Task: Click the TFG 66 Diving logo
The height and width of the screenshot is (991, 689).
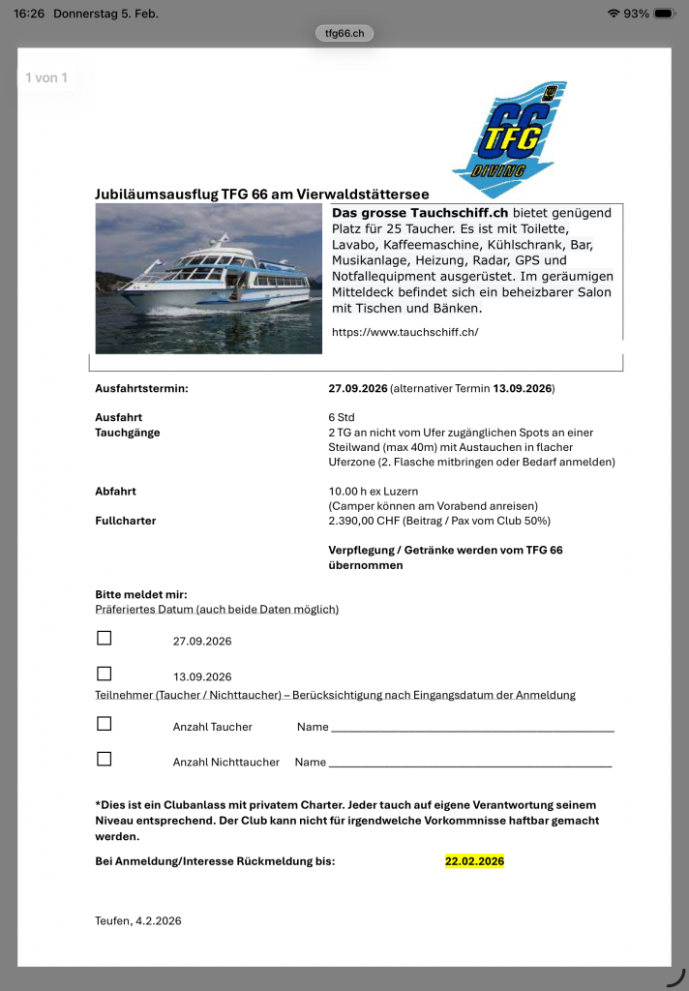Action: (x=509, y=139)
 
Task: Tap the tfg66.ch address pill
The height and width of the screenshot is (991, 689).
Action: (x=344, y=34)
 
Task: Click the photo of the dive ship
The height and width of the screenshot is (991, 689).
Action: (x=208, y=279)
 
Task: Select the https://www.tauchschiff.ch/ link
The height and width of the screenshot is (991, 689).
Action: (x=404, y=332)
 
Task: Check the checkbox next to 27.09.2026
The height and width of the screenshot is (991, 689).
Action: (x=105, y=638)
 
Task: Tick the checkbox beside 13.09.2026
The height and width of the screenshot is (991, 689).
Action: (x=105, y=674)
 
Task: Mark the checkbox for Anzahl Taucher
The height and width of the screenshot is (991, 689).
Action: (x=105, y=724)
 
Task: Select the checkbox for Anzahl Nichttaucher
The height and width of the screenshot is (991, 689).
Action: (x=105, y=759)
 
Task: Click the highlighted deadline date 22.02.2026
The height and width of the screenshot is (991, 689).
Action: (x=474, y=861)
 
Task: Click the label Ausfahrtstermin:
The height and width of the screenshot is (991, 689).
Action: (x=141, y=389)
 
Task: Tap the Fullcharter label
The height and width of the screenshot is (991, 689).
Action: (x=126, y=521)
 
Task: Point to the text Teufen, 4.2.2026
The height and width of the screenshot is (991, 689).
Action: (x=138, y=920)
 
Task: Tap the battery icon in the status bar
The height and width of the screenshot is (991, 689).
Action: (x=665, y=14)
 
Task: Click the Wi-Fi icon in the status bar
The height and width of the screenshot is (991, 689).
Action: (x=613, y=14)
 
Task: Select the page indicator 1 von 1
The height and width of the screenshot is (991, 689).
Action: (x=46, y=77)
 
